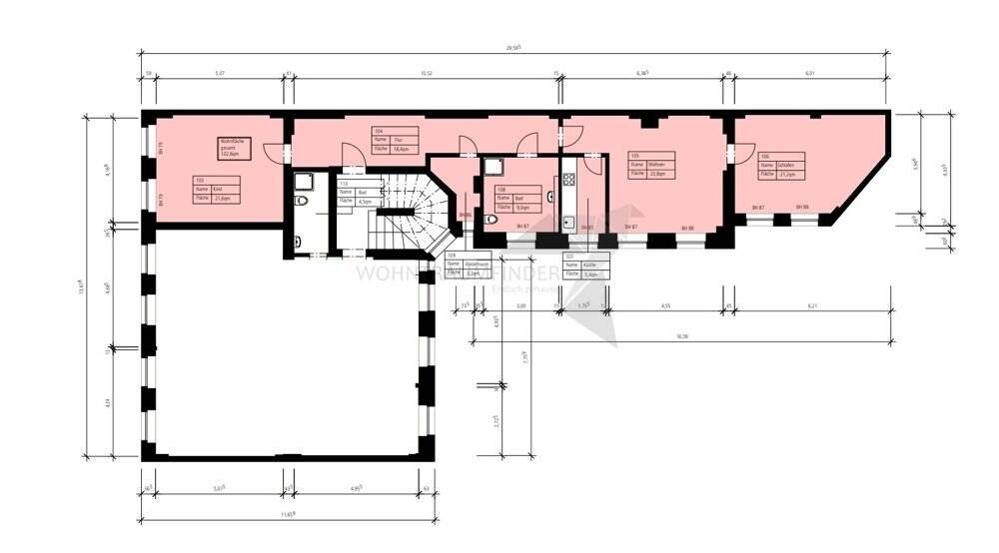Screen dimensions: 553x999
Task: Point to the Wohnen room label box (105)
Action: tap(651, 164)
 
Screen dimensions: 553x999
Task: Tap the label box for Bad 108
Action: tap(515, 196)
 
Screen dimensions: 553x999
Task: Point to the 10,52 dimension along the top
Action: tap(425, 73)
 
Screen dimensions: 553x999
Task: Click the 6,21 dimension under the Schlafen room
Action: tap(812, 304)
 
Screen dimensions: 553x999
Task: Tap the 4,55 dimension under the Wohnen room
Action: tap(664, 304)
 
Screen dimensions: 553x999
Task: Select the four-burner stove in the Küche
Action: tap(569, 181)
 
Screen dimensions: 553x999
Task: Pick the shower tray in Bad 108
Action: tap(494, 168)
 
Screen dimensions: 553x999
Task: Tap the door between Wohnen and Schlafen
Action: tap(741, 152)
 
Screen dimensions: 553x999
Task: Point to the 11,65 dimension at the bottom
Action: tap(290, 514)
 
